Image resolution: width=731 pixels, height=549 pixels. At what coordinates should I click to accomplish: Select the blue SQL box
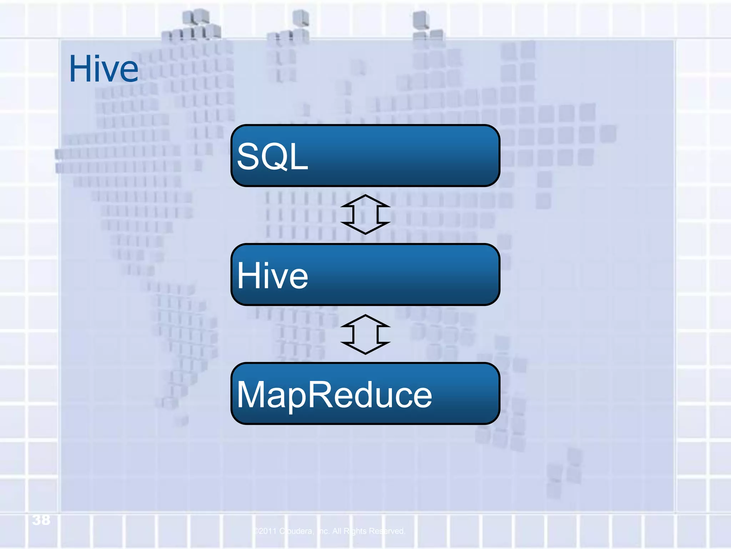365,156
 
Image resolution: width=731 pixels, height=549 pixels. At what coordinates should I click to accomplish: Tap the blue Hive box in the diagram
365,274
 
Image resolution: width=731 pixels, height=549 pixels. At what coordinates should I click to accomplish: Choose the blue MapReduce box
365,394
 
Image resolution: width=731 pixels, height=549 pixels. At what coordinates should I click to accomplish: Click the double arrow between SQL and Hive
365,214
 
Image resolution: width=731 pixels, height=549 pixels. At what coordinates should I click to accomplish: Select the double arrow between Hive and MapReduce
365,335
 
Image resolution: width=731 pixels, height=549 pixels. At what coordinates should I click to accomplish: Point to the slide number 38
41,520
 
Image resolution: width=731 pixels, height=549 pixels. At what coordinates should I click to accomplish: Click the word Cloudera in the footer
296,531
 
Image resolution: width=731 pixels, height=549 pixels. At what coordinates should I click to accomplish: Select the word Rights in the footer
355,531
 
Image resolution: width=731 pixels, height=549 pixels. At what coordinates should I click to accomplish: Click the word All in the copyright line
337,531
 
